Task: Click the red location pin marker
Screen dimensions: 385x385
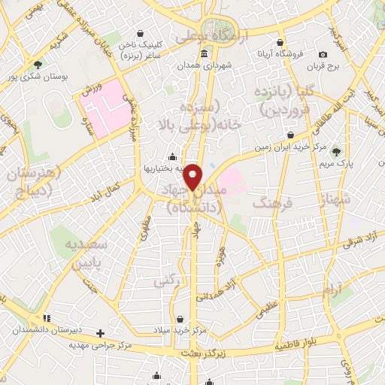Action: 193,176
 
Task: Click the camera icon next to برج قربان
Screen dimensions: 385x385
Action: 323,54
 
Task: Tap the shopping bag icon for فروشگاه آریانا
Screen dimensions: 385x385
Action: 280,43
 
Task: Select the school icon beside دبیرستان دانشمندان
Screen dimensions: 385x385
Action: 47,318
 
